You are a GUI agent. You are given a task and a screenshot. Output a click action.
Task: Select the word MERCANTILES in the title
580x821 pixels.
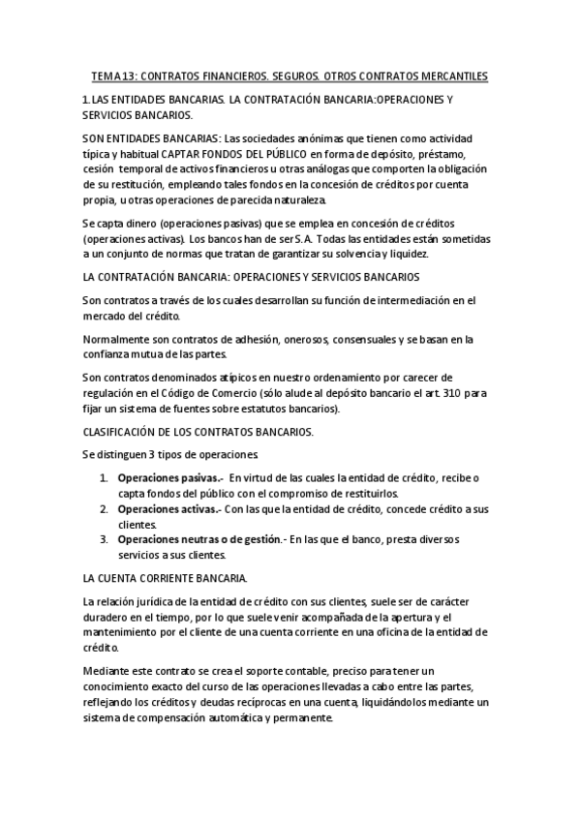pyautogui.click(x=451, y=76)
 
